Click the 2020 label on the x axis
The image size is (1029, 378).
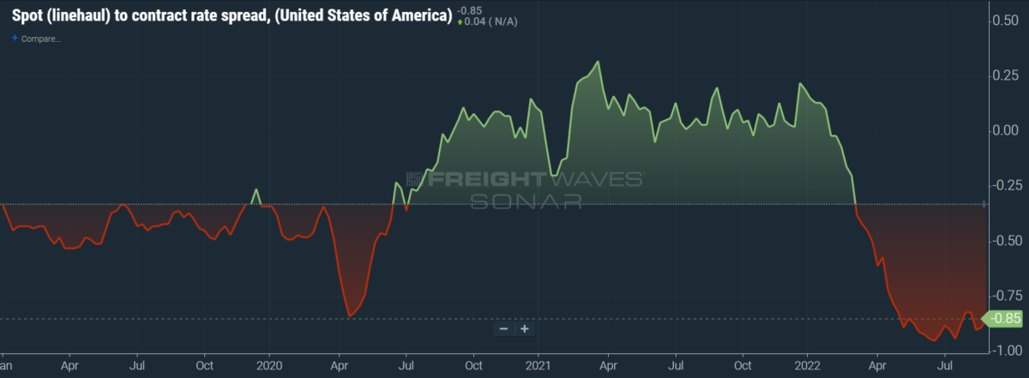pos(269,364)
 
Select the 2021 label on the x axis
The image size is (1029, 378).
pos(539,364)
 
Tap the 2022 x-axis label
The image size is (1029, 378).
pos(809,364)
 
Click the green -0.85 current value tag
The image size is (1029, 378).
pos(1004,319)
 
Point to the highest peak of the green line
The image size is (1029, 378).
pos(598,62)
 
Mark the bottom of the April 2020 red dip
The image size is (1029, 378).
pos(350,317)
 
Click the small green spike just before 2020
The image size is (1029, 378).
pos(256,189)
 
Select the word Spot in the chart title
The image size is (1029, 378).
pos(28,17)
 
